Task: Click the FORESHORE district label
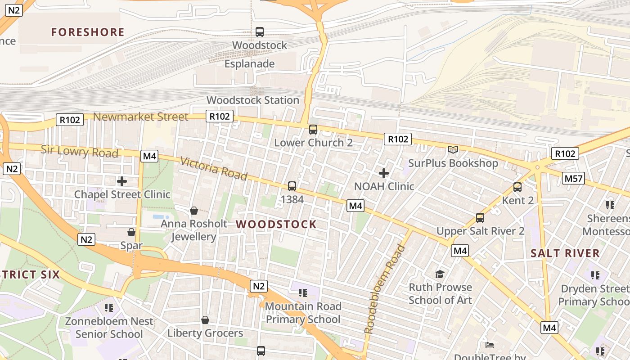87,32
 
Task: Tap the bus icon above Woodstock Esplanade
260,32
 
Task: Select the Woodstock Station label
252,100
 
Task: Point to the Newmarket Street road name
140,117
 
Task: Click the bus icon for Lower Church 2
313,130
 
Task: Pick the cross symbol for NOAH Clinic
384,173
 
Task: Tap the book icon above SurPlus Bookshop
453,149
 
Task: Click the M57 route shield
573,179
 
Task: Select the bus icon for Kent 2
517,187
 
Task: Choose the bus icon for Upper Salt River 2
480,218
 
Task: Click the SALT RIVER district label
565,253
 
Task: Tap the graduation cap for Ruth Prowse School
440,274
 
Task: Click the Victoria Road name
214,168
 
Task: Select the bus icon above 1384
292,186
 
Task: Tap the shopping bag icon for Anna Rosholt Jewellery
194,210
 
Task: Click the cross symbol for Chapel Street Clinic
122,181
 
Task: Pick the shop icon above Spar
131,232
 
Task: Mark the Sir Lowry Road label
79,151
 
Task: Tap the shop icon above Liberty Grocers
205,320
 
